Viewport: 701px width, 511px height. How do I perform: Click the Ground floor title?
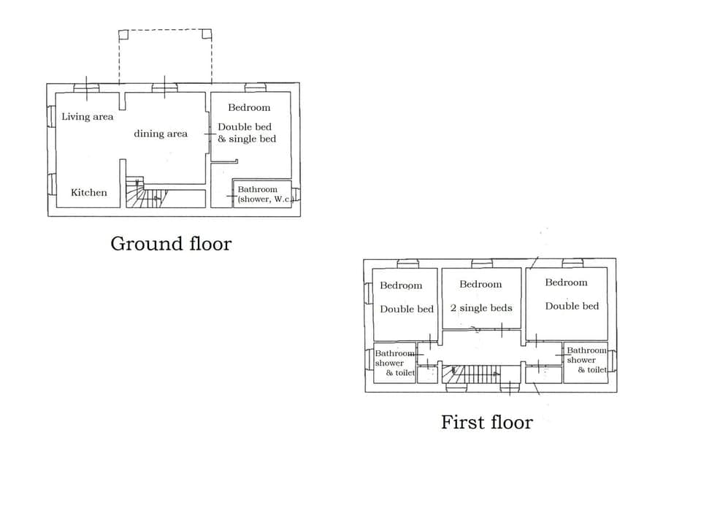170,244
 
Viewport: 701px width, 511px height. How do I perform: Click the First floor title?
486,422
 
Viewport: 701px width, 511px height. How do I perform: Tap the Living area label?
88,117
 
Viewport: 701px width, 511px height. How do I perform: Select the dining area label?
160,134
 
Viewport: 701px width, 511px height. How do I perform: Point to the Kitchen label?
89,193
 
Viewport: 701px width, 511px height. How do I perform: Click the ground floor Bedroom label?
249,107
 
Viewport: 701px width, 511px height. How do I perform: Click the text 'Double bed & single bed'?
247,133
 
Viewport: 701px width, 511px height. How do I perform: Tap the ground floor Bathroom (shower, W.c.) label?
263,194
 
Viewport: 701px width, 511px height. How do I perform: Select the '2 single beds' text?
481,308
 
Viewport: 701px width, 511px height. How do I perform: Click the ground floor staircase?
146,194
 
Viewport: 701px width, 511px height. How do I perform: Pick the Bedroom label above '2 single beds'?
480,284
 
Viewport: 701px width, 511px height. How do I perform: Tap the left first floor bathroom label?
394,363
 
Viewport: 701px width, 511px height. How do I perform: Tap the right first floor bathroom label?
586,360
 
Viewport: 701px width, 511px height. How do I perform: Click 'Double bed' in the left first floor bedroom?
407,309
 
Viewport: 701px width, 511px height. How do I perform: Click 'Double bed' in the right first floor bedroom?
572,306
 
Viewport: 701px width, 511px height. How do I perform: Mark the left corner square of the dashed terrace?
123,34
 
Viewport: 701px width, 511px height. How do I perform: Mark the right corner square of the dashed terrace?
207,34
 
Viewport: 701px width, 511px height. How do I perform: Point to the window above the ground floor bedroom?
255,88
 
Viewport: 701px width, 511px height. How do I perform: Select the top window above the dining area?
164,88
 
